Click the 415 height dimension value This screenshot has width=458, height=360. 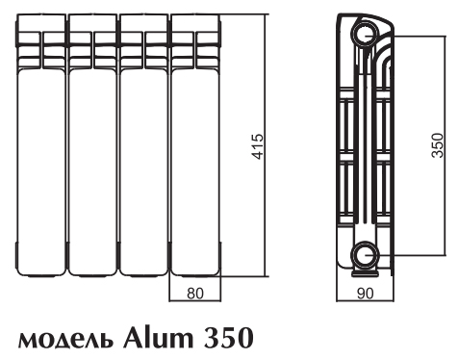tap(258, 146)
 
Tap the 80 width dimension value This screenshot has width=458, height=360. tap(195, 294)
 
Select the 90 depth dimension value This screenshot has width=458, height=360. tap(366, 294)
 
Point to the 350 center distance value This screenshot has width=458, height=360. tap(438, 145)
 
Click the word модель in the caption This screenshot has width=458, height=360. tap(65, 340)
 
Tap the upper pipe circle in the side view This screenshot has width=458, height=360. tap(366, 34)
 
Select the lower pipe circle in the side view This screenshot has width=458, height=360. tap(366, 255)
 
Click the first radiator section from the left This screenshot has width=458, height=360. tap(40, 145)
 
